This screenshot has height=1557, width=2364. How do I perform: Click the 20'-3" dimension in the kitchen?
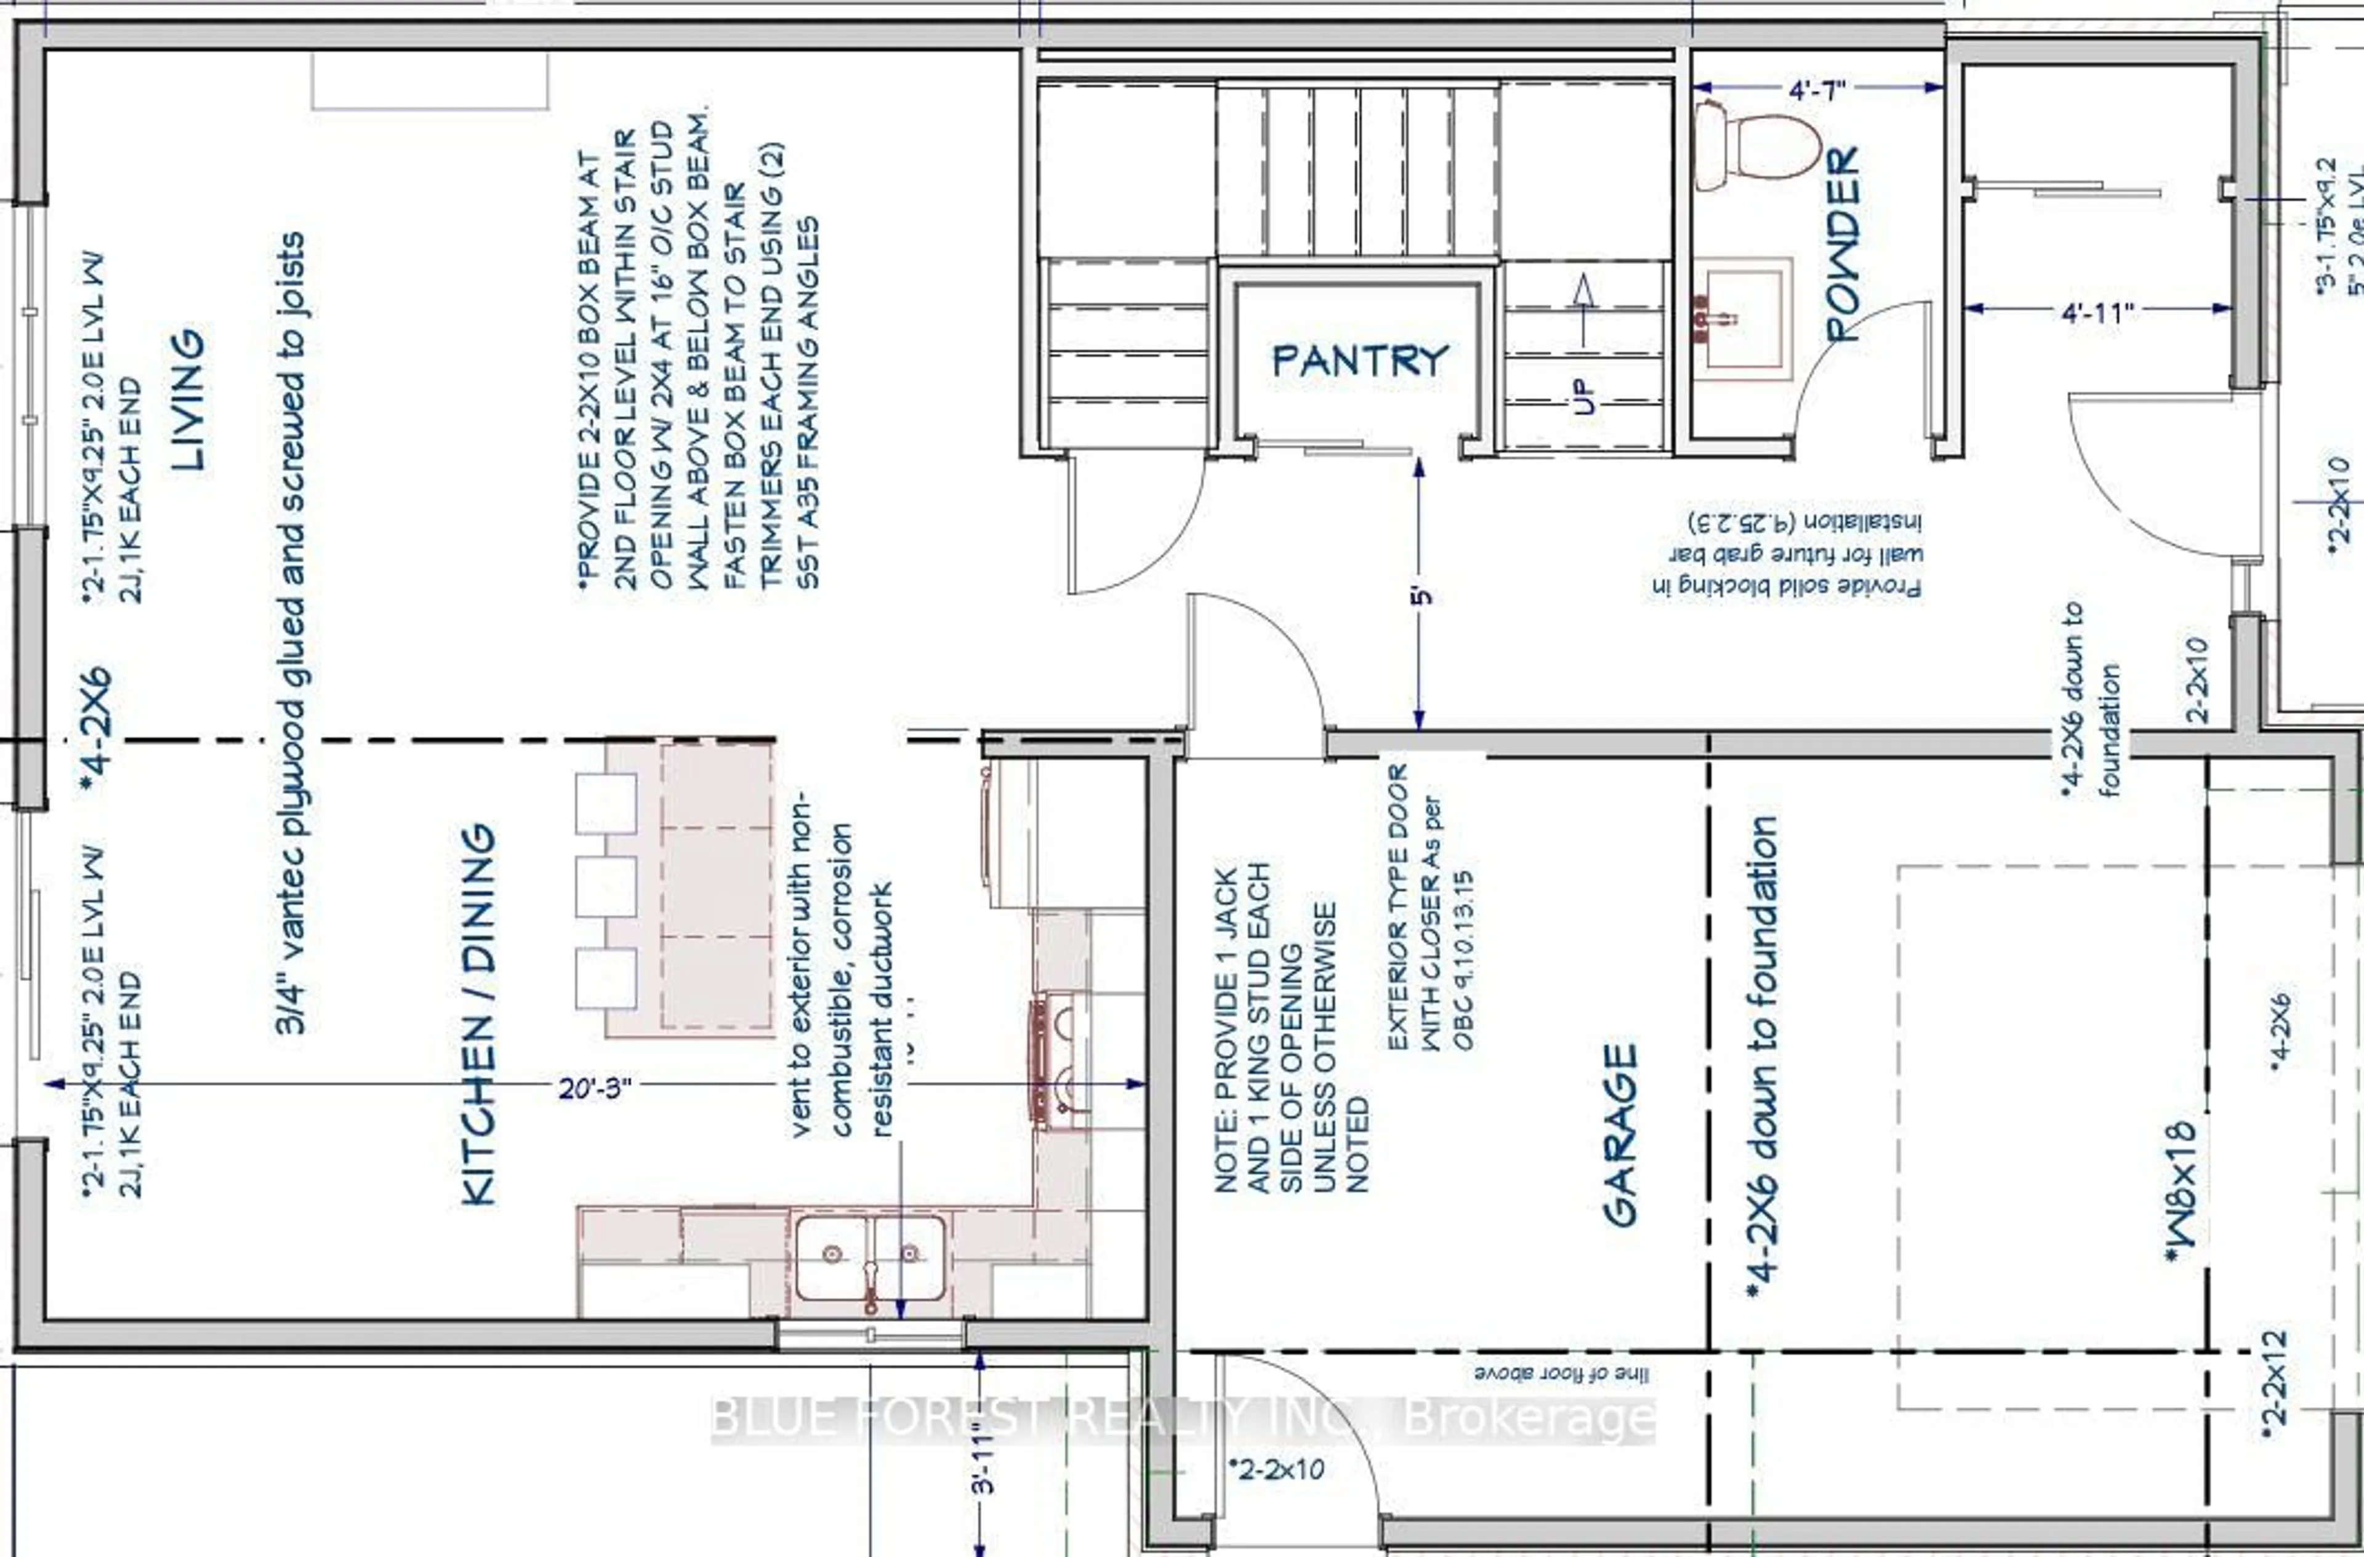(594, 1088)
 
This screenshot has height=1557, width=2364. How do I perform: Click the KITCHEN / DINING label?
(479, 1014)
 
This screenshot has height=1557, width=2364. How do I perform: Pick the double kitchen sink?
(870, 1257)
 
